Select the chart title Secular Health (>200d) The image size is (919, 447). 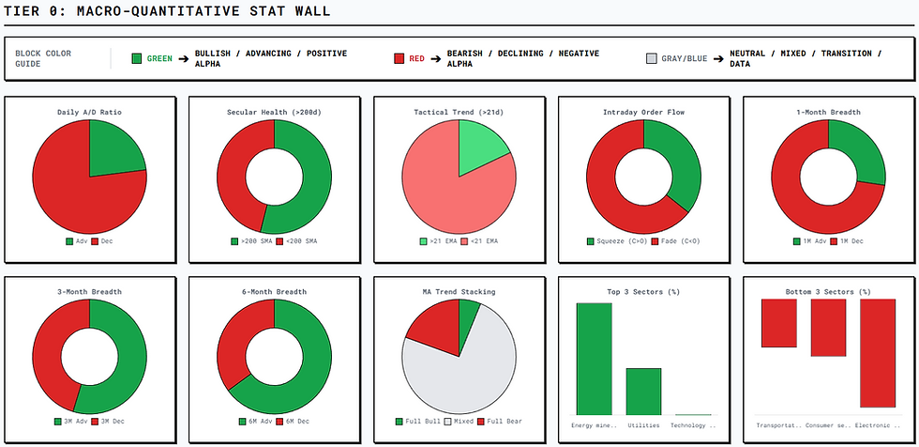(274, 113)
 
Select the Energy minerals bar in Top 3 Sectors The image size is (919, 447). (594, 359)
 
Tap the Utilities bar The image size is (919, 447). (643, 391)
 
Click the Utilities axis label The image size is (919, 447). (643, 425)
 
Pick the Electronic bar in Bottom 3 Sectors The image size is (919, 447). (878, 352)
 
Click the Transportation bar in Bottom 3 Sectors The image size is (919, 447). (778, 322)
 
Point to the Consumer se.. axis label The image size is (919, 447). (828, 425)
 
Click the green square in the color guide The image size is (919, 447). (137, 58)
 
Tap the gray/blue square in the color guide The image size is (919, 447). (652, 58)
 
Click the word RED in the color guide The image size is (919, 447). (416, 58)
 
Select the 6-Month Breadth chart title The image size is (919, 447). (274, 292)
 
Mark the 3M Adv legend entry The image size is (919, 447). (70, 421)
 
